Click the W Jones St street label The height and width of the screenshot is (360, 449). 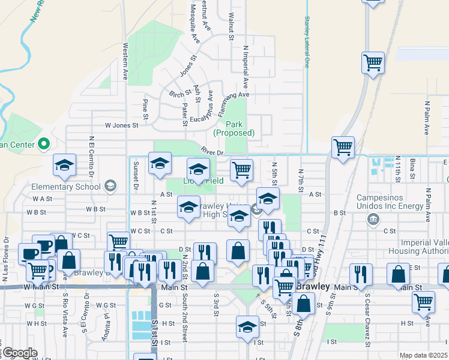(121, 125)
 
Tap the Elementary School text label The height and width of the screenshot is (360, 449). (73, 186)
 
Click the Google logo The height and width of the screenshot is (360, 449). (20, 353)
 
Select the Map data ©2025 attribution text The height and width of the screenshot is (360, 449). (424, 355)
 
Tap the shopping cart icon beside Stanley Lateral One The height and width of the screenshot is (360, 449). (373, 63)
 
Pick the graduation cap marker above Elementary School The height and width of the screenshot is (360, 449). (64, 165)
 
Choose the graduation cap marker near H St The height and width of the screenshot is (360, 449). (247, 326)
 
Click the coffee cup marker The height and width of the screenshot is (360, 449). (29, 253)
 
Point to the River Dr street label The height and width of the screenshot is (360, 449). (212, 152)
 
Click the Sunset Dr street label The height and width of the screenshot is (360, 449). (136, 178)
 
